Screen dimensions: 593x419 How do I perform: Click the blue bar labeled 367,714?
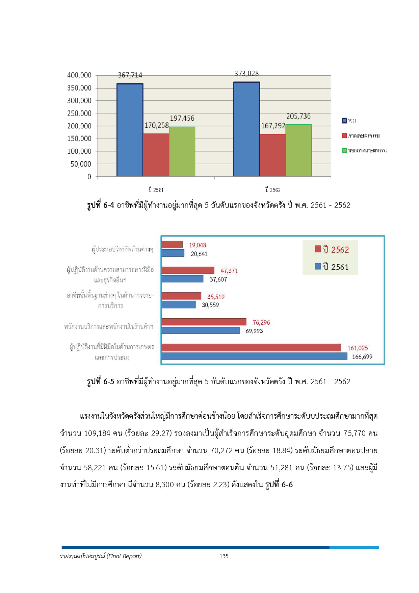[x=130, y=130]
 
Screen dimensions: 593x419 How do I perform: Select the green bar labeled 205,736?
[x=298, y=150]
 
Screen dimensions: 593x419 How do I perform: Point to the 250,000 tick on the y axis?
[x=79, y=114]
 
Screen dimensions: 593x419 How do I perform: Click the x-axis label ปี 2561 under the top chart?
[x=156, y=190]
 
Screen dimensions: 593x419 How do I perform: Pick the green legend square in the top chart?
[x=344, y=150]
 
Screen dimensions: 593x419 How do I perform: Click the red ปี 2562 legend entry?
[x=332, y=250]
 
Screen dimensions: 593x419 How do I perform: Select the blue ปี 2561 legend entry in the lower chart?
[x=332, y=267]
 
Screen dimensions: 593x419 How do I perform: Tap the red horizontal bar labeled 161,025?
[x=251, y=347]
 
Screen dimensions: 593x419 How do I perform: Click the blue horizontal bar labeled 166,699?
[x=254, y=356]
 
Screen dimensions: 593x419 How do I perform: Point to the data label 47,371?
[x=229, y=271]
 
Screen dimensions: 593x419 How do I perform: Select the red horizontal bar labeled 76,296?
[x=204, y=322]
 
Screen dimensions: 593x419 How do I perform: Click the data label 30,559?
[x=210, y=305]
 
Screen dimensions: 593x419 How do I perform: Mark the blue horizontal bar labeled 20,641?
[x=173, y=253]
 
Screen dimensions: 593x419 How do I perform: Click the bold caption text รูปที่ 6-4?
[x=100, y=205]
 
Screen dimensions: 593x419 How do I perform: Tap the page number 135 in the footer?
[x=224, y=556]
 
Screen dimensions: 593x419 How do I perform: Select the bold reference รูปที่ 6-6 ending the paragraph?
[x=279, y=485]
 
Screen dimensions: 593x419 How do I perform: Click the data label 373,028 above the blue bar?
[x=246, y=74]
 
